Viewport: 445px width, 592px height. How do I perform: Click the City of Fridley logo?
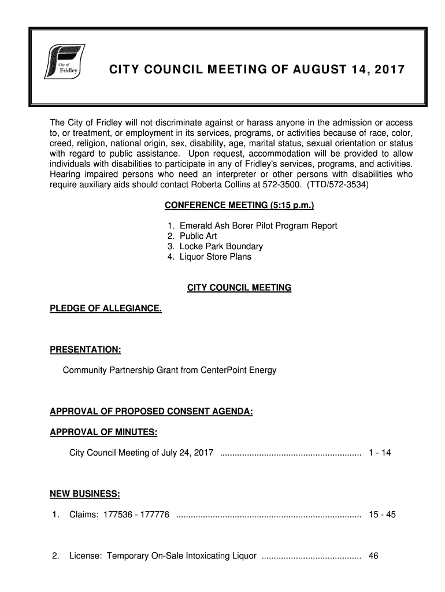point(65,62)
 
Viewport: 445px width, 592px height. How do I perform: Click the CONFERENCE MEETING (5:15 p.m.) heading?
point(239,206)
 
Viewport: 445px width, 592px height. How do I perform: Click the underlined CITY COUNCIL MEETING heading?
point(239,287)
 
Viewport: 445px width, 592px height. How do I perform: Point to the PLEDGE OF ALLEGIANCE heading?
point(106,309)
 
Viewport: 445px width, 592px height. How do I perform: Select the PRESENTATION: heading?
point(86,350)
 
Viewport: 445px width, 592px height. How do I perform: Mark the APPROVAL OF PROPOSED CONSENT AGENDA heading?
point(152,412)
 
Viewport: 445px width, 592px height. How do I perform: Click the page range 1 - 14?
point(379,452)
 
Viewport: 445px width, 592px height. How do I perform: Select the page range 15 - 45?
point(381,514)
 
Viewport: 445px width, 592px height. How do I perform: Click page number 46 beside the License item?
point(373,556)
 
